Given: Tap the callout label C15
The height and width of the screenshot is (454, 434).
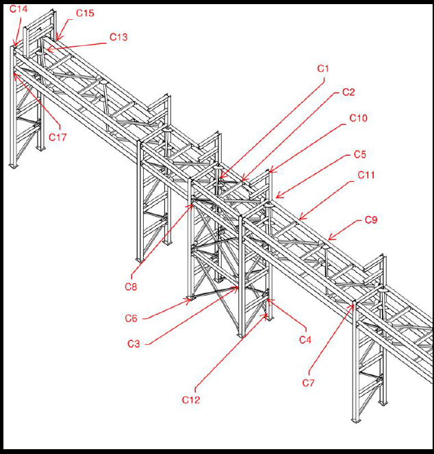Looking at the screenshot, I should coord(86,13).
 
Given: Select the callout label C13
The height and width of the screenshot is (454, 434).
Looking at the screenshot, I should coord(119,37).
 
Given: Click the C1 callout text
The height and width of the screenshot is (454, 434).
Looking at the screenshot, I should coord(324,69).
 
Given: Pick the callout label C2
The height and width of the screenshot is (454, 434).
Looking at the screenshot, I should coord(348,92).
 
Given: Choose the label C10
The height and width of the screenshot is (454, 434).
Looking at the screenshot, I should coord(359,119).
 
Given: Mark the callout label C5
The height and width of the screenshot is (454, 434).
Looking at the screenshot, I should coord(360,154).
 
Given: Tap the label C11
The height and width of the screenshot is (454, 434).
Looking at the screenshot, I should coord(367,176).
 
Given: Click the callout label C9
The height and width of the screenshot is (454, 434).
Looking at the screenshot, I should coord(371,220).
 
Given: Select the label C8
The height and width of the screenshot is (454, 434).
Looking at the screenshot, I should coord(132,285).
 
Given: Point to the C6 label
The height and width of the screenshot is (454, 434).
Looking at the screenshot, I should coord(132,318).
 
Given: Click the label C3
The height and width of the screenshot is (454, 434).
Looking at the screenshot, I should coord(134,344).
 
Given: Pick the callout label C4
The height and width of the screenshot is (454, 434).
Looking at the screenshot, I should coord(305,339).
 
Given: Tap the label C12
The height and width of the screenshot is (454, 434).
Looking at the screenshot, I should coord(191,399).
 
